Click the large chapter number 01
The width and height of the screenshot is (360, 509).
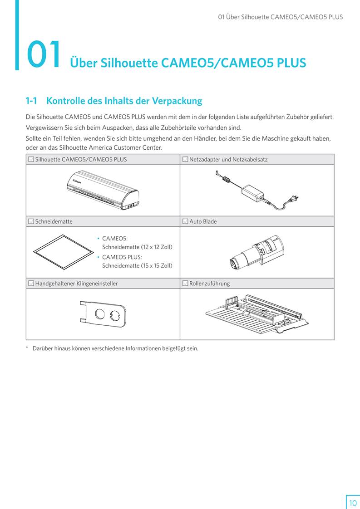pos(44,55)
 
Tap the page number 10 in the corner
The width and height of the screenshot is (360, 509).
pos(353,503)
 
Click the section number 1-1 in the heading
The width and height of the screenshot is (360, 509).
pos(31,101)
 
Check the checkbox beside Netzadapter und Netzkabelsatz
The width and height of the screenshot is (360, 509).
pos(185,159)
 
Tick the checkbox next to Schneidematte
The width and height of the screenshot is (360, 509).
pos(31,221)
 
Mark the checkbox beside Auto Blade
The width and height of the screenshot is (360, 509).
pos(185,221)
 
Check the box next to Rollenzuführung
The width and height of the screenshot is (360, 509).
pos(185,284)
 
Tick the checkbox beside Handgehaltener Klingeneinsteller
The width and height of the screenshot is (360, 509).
pos(31,284)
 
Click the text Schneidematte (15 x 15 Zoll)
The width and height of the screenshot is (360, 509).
pos(137,265)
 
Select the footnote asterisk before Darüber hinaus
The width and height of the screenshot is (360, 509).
pos(27,348)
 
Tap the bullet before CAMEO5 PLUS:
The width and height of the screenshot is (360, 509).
pos(98,257)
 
